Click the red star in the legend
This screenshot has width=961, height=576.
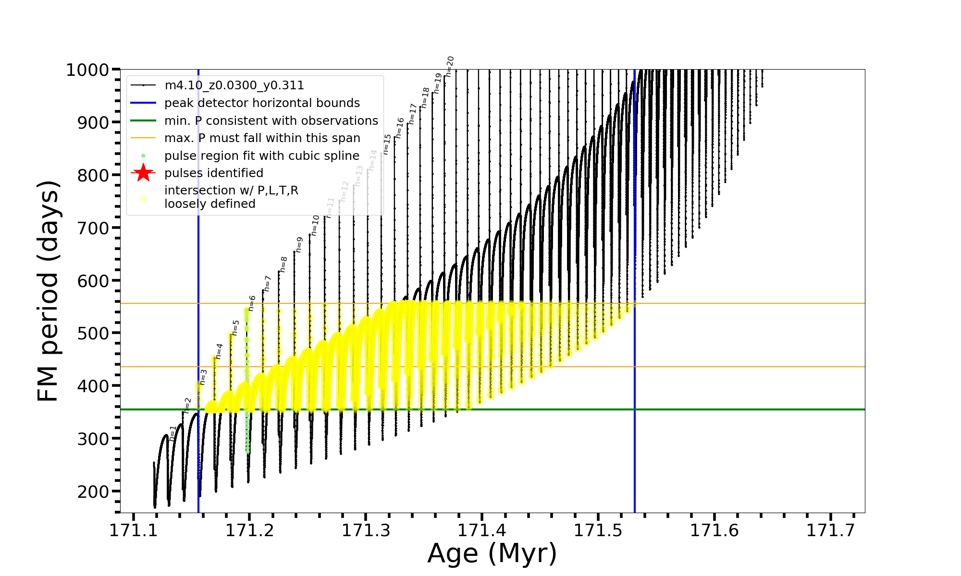tap(143, 173)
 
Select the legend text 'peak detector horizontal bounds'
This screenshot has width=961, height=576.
tap(262, 103)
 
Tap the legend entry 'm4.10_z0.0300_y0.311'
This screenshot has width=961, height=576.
tap(234, 85)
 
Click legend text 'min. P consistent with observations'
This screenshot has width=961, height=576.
tap(271, 120)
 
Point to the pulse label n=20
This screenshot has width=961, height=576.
tap(450, 66)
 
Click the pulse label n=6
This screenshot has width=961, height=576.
tap(252, 303)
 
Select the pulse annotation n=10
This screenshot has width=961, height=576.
tap(315, 225)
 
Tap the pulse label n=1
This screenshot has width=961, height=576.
tap(173, 433)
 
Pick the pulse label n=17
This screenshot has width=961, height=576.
tap(412, 114)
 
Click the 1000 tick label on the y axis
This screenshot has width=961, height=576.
tap(87, 70)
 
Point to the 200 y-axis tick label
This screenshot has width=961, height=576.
tap(93, 492)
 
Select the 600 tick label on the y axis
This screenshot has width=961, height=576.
tap(93, 281)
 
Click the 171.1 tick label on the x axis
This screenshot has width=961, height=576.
tap(134, 530)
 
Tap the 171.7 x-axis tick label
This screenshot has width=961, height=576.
tap(831, 530)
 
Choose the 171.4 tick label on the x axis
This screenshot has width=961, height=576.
tap(482, 530)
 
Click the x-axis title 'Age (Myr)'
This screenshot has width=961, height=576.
tap(492, 553)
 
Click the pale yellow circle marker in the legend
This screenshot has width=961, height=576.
tap(143, 198)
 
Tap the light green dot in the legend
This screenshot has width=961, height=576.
tap(143, 156)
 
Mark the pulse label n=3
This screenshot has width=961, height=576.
tap(203, 377)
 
